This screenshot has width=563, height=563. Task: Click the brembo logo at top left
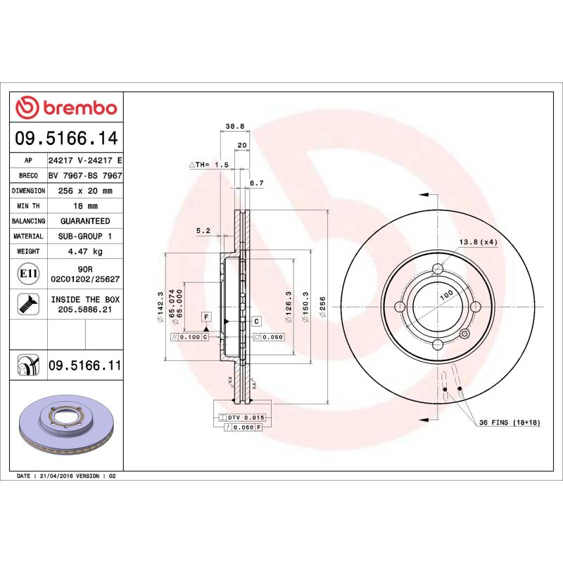coord(66,108)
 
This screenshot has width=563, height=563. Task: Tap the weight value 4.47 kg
coord(85,251)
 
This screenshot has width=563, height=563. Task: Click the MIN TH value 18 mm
coord(85,206)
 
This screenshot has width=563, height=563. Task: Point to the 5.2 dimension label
coord(203,230)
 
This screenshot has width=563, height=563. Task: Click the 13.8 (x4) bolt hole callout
coord(479,242)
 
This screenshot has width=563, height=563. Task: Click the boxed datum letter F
coord(206,317)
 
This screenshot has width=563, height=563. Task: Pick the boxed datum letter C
coord(256,321)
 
